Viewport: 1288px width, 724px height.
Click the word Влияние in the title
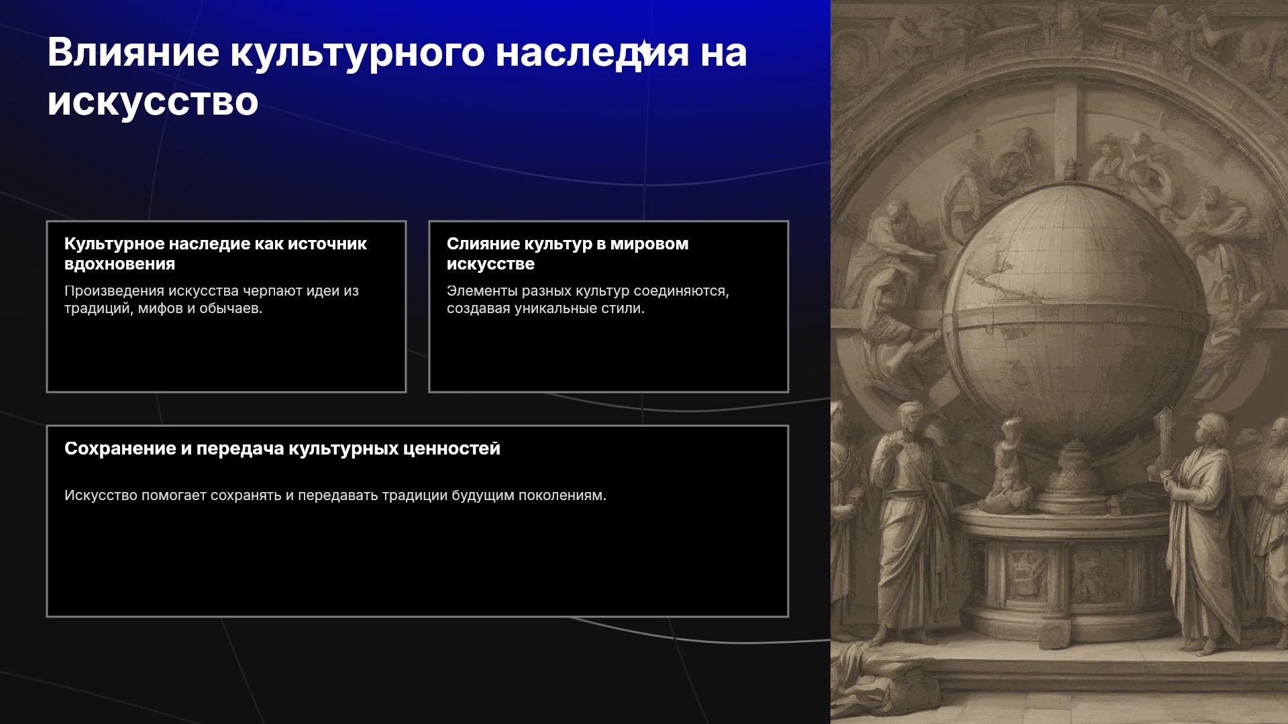[x=133, y=52]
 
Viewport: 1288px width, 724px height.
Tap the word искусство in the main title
[x=153, y=102]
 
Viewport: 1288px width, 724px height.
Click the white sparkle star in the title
[x=644, y=50]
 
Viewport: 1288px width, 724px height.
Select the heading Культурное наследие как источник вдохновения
[x=215, y=253]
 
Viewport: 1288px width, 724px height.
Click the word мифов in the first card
[x=160, y=308]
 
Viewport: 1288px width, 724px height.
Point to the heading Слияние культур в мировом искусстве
[x=568, y=253]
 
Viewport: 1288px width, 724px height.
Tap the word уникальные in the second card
[x=545, y=308]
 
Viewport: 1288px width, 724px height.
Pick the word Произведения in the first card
[x=114, y=291]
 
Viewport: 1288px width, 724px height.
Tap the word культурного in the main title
[x=358, y=52]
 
